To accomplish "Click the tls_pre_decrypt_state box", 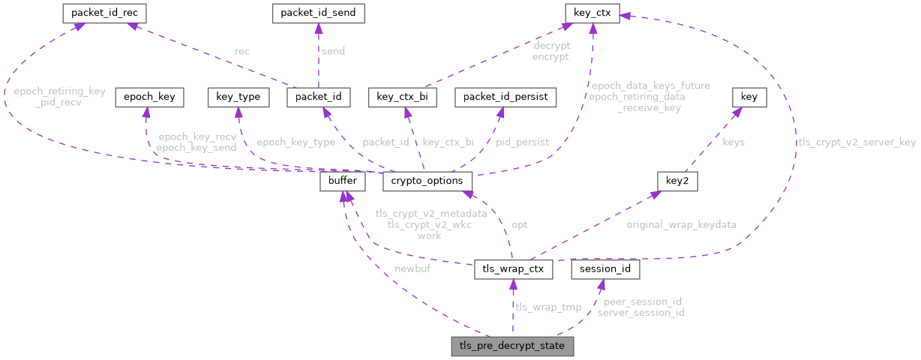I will point(512,346).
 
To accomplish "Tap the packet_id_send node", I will point(318,13).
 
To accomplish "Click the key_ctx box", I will point(592,13).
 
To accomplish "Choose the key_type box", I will point(238,97).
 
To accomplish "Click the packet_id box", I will point(319,97).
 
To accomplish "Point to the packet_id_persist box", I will point(505,97).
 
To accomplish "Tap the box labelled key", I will point(748,97).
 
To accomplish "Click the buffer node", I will point(343,181).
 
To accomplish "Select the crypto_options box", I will point(427,181).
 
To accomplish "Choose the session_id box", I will point(604,268).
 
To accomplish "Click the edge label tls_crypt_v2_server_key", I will point(856,142).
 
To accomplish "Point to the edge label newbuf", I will point(412,268).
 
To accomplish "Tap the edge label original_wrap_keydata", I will point(681,224).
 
